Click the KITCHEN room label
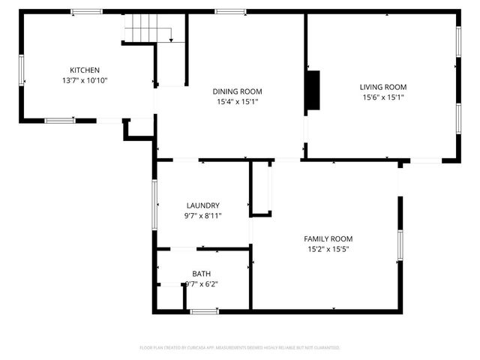(x=85, y=70)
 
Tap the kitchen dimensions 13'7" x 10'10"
(x=85, y=80)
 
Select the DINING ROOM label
(x=237, y=91)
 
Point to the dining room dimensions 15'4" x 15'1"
(x=237, y=102)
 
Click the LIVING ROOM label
(x=383, y=86)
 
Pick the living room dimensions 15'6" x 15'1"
(x=383, y=97)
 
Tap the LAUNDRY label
(x=202, y=205)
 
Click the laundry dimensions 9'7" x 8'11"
(x=202, y=216)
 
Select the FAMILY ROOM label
(x=328, y=238)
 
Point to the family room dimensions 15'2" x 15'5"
(x=328, y=249)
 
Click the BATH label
(x=202, y=274)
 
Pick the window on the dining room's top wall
(x=229, y=11)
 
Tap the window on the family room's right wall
(x=400, y=247)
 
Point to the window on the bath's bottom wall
(x=203, y=311)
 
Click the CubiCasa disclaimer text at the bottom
(x=240, y=348)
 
